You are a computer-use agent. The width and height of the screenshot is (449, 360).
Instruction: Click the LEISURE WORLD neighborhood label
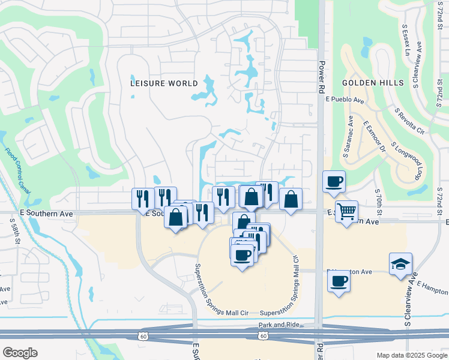point(164,83)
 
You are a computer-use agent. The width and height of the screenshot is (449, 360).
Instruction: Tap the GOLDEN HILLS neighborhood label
point(373,83)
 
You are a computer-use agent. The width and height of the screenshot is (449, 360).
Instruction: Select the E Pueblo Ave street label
point(345,100)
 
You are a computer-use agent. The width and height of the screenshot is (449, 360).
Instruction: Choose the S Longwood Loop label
point(404,160)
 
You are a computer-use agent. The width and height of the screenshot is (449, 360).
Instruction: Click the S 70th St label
point(379,200)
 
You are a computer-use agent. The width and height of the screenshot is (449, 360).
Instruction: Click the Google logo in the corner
point(20,353)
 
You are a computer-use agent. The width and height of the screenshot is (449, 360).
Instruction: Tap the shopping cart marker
point(346,211)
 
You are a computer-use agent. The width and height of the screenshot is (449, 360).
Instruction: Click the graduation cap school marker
point(400,263)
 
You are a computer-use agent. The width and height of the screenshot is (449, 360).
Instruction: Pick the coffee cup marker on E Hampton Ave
point(339,280)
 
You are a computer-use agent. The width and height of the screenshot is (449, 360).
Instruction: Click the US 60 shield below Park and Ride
point(264,336)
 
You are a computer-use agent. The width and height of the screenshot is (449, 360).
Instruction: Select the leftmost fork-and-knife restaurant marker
point(143,199)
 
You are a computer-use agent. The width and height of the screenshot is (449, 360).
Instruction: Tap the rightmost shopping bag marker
point(291,199)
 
